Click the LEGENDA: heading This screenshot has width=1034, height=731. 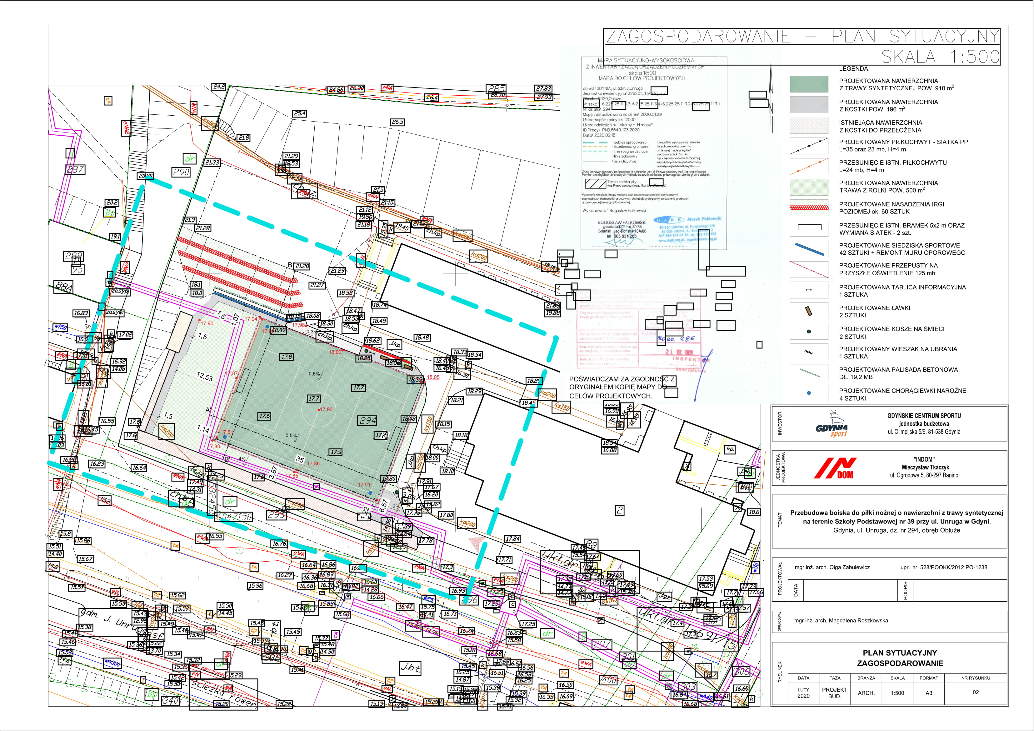[x=854, y=69]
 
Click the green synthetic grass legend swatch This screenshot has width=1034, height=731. [x=809, y=84]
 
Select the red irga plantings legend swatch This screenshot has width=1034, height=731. [x=809, y=208]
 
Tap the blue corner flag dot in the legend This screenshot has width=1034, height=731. [x=809, y=393]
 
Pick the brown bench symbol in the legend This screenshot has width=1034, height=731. [x=809, y=311]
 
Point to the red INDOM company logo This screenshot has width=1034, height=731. [x=835, y=468]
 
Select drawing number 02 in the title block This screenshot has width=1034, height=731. [x=976, y=692]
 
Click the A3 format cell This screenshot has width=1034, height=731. [x=929, y=693]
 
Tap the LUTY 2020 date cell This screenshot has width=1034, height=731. [x=803, y=693]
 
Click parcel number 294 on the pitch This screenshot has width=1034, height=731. [x=368, y=421]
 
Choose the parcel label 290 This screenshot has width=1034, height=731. [x=181, y=172]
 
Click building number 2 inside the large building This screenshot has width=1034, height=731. [x=620, y=510]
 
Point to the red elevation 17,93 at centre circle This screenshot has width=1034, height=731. [x=326, y=409]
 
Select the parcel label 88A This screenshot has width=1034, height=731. [x=63, y=287]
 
